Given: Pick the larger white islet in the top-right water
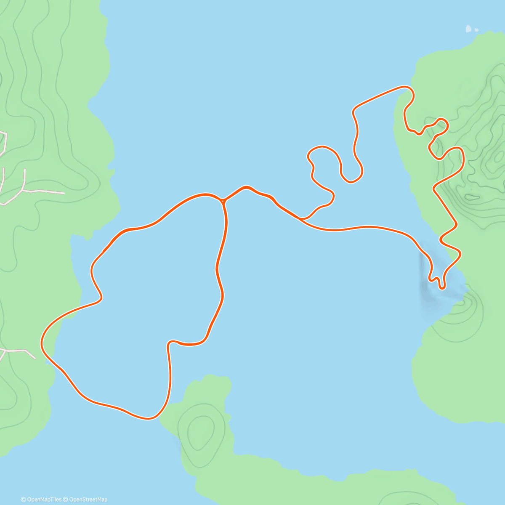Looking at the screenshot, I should [468, 29].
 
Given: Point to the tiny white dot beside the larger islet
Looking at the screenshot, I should [476, 30].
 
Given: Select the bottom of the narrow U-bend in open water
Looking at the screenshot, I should [351, 181].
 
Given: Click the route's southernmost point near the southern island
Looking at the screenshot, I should [148, 418].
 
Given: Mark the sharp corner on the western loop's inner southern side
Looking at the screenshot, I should [170, 343].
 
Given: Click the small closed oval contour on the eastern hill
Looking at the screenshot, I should [472, 197].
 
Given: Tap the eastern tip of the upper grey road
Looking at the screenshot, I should [64, 193].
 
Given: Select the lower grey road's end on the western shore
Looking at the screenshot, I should [35, 358].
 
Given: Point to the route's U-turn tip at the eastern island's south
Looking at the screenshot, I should [442, 288].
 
